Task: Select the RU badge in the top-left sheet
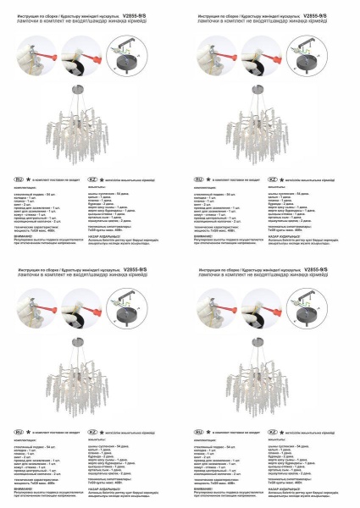(19, 180)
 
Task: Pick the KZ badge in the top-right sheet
(273, 180)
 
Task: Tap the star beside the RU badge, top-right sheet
(211, 180)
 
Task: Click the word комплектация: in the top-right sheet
(206, 188)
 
